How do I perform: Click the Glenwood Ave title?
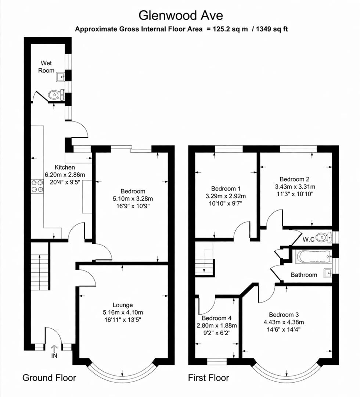(180, 16)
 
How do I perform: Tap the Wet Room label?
(47, 66)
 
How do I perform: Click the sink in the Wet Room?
(61, 77)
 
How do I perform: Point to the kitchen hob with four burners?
(37, 186)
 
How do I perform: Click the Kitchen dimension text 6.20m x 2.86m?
(65, 175)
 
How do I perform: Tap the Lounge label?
(123, 305)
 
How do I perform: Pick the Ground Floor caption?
(49, 378)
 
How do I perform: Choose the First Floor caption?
(209, 378)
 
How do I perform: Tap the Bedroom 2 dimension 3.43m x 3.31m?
(295, 186)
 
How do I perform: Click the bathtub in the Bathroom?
(313, 256)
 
